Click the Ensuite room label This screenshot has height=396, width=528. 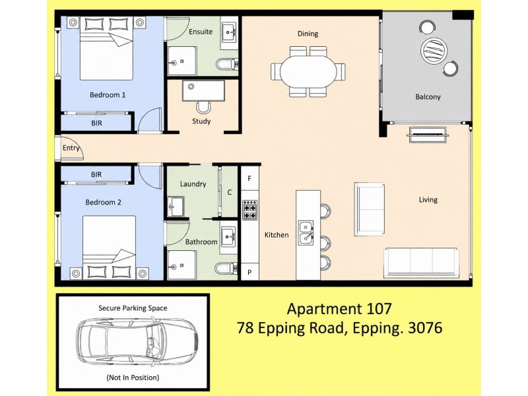point(201,32)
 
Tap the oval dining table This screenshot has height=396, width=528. point(308,71)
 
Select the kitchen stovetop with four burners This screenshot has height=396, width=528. point(250,210)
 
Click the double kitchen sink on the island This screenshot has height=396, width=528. point(306,232)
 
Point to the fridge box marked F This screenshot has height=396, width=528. point(249,178)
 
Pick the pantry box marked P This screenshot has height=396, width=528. point(249,272)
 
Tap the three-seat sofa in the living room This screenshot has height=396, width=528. point(422,263)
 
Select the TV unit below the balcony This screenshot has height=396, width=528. point(428,135)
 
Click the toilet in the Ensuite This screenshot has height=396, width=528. point(226,63)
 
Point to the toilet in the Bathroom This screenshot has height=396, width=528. point(226,269)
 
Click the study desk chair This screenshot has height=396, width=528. point(203,108)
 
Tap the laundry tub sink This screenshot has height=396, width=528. point(176,206)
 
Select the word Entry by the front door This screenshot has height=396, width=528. point(71,148)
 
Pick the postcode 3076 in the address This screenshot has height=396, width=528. point(425,327)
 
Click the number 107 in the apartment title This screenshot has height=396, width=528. point(378,308)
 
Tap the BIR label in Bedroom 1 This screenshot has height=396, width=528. point(96,123)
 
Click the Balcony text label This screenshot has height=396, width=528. point(428,97)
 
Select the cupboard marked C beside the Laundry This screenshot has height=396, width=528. point(230,192)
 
